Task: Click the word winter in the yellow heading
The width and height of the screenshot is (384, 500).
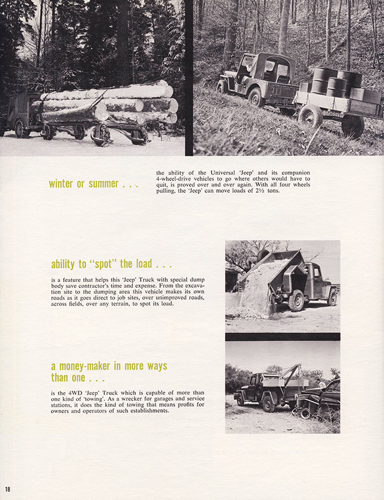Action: (x=61, y=184)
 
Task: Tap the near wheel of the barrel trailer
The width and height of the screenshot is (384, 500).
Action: (x=310, y=117)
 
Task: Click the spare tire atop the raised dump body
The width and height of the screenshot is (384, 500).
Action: (x=263, y=255)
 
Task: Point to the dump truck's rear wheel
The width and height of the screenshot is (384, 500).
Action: (x=297, y=301)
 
